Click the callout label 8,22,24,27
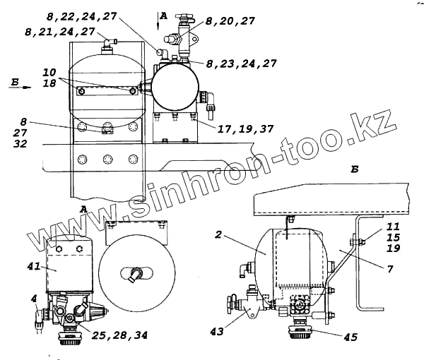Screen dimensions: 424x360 (x=82, y=16)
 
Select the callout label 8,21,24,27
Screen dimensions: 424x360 (x=60, y=32)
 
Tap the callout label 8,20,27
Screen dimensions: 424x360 (x=230, y=20)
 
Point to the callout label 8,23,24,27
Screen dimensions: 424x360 (x=242, y=64)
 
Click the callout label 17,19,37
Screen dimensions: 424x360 (x=245, y=128)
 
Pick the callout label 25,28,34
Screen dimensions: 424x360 (x=120, y=335)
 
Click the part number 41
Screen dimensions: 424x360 (x=34, y=267)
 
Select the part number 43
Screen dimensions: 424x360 (x=217, y=331)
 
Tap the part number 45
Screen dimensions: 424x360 (x=351, y=337)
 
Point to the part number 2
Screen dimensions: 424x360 (x=218, y=234)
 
